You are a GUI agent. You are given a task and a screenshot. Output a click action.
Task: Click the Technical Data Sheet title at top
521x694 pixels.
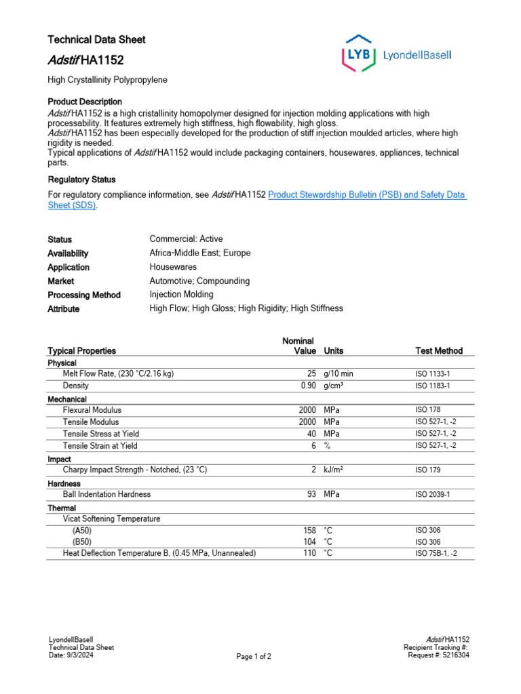(x=96, y=39)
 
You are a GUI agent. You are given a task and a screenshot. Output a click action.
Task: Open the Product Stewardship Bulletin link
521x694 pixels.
(x=366, y=195)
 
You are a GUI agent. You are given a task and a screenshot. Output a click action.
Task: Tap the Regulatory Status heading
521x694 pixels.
(x=81, y=180)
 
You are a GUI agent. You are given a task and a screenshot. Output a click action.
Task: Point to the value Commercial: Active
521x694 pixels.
(x=186, y=239)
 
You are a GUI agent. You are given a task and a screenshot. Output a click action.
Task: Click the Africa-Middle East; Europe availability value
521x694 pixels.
(x=199, y=253)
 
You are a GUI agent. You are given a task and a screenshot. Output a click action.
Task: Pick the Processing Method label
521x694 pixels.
(x=83, y=295)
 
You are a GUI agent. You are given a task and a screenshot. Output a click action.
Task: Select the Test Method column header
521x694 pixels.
(x=439, y=350)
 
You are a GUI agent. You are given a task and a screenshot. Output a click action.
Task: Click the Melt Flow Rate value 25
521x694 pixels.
(x=311, y=373)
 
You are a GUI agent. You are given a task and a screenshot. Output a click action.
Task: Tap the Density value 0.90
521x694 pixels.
(x=309, y=385)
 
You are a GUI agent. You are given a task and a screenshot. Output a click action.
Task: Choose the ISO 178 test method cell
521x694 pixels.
(x=427, y=410)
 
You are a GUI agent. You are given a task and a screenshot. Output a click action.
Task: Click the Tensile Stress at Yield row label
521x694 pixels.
(x=102, y=434)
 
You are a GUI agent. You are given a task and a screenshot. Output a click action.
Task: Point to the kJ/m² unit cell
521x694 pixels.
(x=333, y=469)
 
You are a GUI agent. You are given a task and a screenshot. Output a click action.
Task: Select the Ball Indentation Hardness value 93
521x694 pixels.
(x=311, y=494)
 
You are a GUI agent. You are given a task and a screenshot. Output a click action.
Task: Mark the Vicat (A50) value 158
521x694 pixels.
(x=309, y=530)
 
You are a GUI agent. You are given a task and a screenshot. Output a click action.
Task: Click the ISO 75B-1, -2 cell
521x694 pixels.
(x=436, y=554)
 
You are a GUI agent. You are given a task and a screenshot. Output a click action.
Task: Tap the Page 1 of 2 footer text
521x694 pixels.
(x=254, y=657)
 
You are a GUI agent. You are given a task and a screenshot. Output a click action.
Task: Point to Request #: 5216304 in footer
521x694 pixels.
(x=438, y=655)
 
